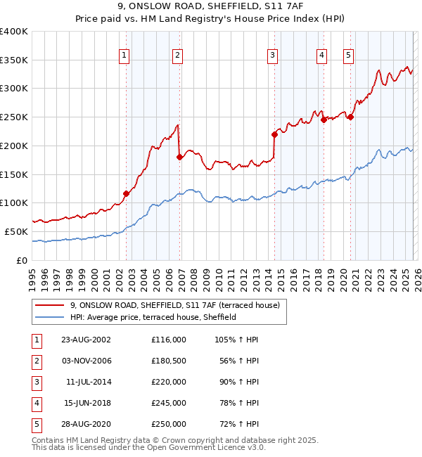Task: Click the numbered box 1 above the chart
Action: (x=124, y=55)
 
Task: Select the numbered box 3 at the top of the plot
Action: (x=272, y=55)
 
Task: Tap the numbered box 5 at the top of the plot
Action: (x=349, y=55)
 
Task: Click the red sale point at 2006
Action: (x=179, y=157)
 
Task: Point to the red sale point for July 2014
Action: (x=274, y=134)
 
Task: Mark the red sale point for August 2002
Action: (x=127, y=193)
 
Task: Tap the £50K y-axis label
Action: (x=16, y=231)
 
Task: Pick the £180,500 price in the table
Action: (x=168, y=360)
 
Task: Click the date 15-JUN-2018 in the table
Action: (x=86, y=402)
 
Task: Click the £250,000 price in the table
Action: (x=168, y=423)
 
